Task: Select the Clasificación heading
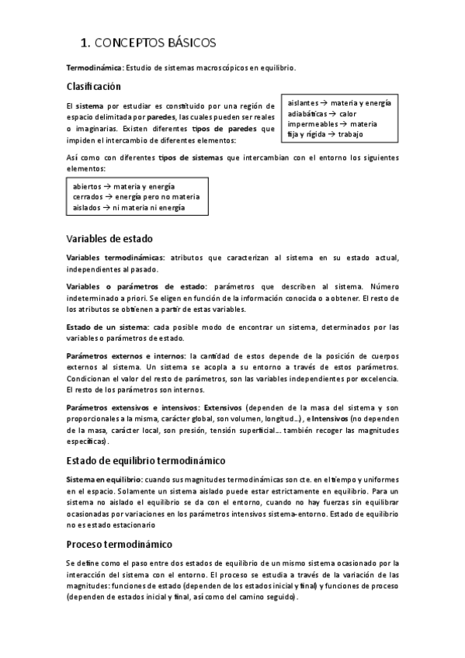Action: coord(94,87)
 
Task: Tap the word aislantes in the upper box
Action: coord(303,103)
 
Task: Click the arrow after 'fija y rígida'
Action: coord(331,134)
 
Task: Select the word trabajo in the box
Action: coord(351,134)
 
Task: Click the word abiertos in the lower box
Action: coord(88,187)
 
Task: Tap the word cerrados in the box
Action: coord(88,197)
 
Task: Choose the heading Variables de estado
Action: coord(109,238)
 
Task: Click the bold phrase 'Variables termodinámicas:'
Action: coord(116,257)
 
